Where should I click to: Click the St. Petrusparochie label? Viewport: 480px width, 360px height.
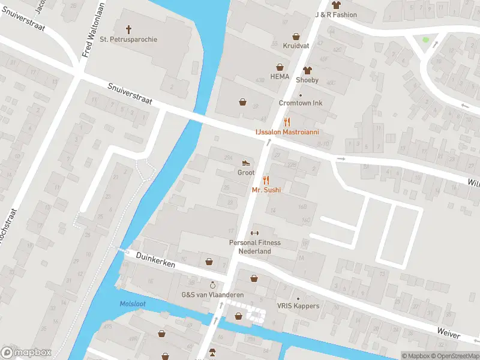pos(128,40)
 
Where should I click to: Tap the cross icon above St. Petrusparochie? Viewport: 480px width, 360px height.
pos(128,29)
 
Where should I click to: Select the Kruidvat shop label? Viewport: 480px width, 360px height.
pos(295,46)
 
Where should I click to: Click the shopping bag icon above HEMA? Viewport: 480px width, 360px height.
pos(280,67)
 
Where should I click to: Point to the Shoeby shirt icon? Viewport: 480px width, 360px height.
pos(307,70)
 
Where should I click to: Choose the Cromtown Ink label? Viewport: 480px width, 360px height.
pos(301,103)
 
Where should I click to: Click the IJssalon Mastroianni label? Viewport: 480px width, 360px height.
pos(287,131)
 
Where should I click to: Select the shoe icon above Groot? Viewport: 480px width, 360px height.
pos(245,163)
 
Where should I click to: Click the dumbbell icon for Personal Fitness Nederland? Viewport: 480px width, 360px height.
pos(254,233)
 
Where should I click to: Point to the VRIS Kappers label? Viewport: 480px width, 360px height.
pos(298,306)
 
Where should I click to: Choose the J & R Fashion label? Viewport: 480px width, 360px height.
pos(336,14)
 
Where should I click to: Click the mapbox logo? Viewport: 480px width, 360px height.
pos(26,353)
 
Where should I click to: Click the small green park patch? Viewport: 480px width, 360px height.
pos(426,40)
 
